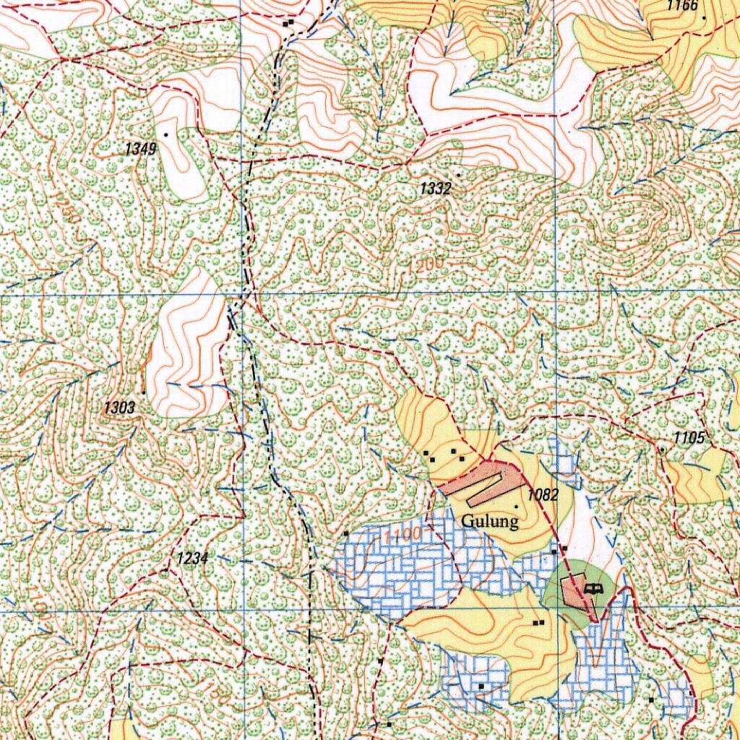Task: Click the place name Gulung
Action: (x=490, y=521)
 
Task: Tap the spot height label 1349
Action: (x=140, y=150)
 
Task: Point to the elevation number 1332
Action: (x=436, y=189)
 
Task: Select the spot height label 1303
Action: (x=119, y=408)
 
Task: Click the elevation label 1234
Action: (x=192, y=558)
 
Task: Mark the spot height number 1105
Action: (x=689, y=437)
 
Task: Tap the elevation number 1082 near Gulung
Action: (x=543, y=495)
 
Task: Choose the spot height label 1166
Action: (x=682, y=6)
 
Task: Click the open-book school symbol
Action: (x=593, y=589)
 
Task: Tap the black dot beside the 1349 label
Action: (x=166, y=134)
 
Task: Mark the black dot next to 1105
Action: (x=661, y=449)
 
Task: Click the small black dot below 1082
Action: (x=515, y=507)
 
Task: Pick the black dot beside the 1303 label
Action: (x=144, y=392)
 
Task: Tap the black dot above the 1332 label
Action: (x=457, y=174)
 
